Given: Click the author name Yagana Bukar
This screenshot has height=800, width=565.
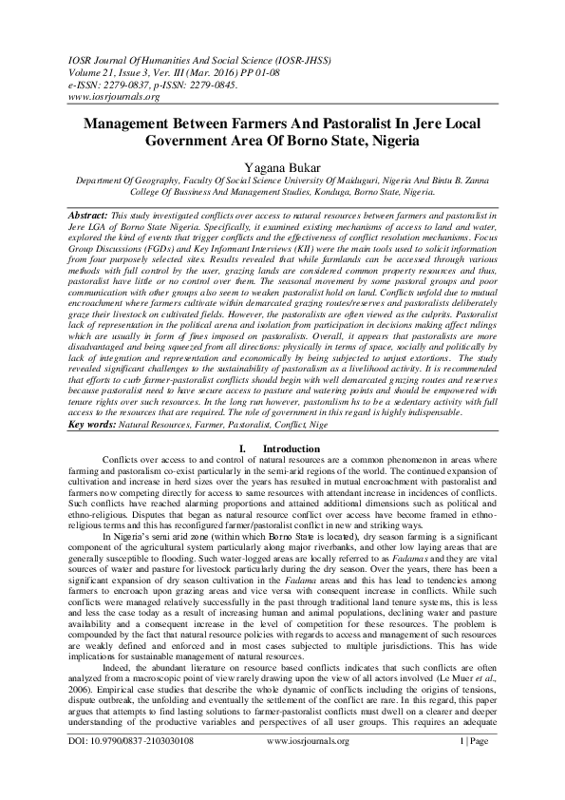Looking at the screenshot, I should [x=282, y=165].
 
